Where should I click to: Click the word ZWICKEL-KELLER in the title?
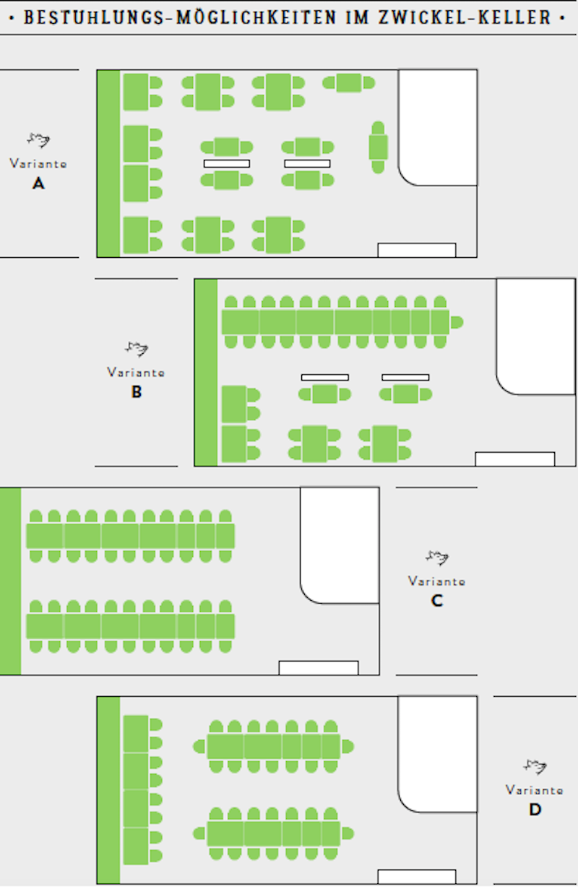coord(465,17)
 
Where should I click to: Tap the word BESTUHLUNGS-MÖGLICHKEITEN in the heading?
coord(180,17)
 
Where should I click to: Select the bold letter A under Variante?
coord(38,183)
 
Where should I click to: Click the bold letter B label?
coord(136,391)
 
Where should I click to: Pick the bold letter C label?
coord(436,600)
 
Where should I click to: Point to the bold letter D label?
coord(535,810)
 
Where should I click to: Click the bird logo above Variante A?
coord(38,139)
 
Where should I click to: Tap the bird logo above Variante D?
coord(535,766)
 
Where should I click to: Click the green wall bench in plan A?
coord(108,163)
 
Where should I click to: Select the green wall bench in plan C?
coord(10,581)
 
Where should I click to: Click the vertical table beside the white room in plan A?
coord(379,147)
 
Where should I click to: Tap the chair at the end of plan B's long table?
coord(457,322)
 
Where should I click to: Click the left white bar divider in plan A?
coord(227,163)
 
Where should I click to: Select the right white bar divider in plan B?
coord(405,377)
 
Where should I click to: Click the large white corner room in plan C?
coord(340,545)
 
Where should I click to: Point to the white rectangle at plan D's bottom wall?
coord(417,877)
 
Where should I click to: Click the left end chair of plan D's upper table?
coord(199,747)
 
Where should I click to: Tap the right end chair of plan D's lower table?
coord(348,833)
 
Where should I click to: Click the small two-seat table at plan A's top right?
coord(349,83)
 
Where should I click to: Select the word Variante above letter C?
coord(436,581)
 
